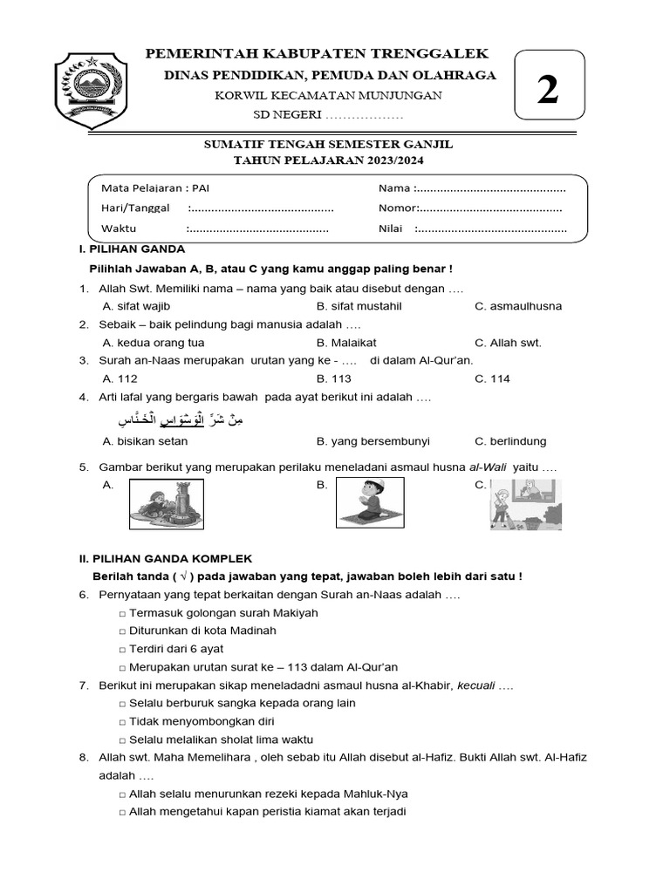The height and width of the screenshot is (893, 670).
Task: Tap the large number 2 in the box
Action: point(547,90)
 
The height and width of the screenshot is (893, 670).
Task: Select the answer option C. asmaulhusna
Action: point(518,306)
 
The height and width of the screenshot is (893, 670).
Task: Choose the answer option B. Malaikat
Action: point(346,343)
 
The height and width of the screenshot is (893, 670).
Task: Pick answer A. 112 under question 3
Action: point(120,378)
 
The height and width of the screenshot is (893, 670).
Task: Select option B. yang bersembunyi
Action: point(373,441)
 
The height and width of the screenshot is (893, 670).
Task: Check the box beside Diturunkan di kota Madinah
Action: point(122,631)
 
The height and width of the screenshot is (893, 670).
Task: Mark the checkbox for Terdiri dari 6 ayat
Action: point(122,650)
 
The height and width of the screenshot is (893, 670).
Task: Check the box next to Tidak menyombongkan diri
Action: point(122,722)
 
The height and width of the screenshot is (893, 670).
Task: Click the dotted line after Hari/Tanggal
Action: point(262,208)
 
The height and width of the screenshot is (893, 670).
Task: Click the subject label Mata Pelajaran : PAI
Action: point(155,188)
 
